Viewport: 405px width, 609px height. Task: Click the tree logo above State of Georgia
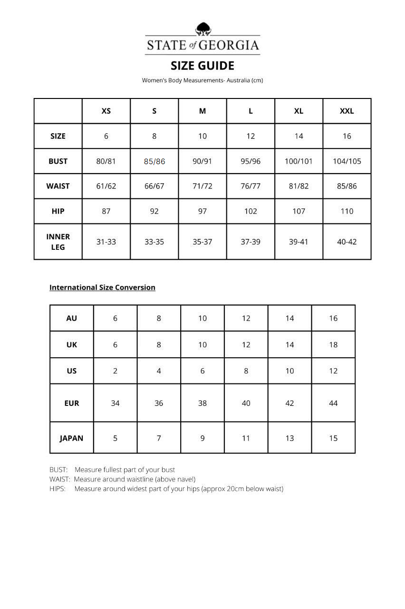click(203, 29)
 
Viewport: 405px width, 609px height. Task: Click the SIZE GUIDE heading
click(202, 66)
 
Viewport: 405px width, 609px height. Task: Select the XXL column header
click(347, 111)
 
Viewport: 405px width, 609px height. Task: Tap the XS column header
click(106, 111)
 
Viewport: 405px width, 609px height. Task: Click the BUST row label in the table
click(58, 161)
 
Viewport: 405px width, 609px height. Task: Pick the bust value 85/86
click(154, 161)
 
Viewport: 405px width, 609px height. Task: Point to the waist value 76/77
click(251, 186)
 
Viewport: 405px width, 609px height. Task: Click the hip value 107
click(299, 211)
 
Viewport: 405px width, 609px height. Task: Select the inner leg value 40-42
click(347, 242)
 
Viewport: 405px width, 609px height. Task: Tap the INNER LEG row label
click(58, 242)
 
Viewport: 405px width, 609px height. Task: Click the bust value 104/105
click(347, 161)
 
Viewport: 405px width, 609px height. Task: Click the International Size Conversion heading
click(102, 287)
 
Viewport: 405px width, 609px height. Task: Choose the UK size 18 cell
click(333, 344)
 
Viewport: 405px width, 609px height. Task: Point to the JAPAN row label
click(71, 438)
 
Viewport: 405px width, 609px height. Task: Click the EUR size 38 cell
click(202, 403)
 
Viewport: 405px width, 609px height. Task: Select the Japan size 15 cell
click(333, 438)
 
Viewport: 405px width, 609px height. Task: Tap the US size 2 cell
click(115, 371)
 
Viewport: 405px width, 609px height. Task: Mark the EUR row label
click(71, 403)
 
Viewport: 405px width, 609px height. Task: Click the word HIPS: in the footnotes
click(58, 489)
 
